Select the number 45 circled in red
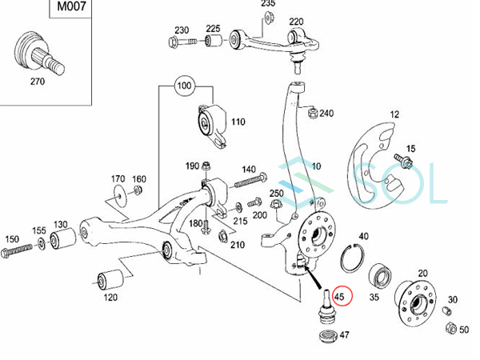click(342, 296)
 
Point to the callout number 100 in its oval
click(186, 84)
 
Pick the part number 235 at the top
click(266, 5)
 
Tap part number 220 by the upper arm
click(296, 22)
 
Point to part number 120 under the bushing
click(110, 297)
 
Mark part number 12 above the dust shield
click(393, 116)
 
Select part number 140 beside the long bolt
click(248, 170)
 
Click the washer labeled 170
click(119, 192)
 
